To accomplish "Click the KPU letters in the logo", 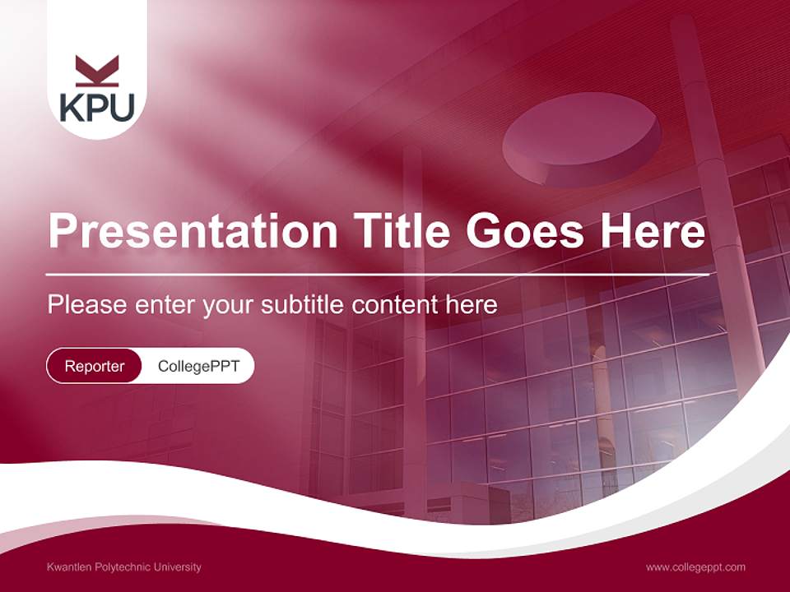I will coord(97,107).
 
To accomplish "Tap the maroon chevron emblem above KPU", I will coord(97,71).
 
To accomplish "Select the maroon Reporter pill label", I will coord(95,366).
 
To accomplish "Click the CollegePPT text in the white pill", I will coord(198,366).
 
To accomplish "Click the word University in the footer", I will coord(177,567).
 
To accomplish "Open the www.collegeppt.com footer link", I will coord(695,567).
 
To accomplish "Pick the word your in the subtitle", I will coord(229,305).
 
